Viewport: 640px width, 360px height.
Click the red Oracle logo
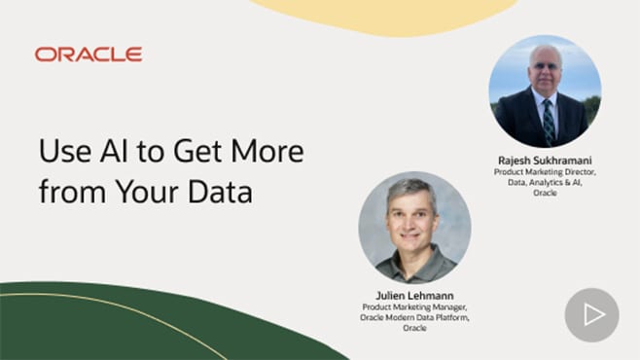[89, 54]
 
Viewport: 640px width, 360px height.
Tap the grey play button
[591, 314]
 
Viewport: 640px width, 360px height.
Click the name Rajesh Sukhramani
[544, 161]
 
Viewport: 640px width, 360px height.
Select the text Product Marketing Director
[544, 172]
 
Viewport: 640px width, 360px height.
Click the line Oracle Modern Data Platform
[414, 318]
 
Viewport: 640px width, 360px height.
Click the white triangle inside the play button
[593, 314]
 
